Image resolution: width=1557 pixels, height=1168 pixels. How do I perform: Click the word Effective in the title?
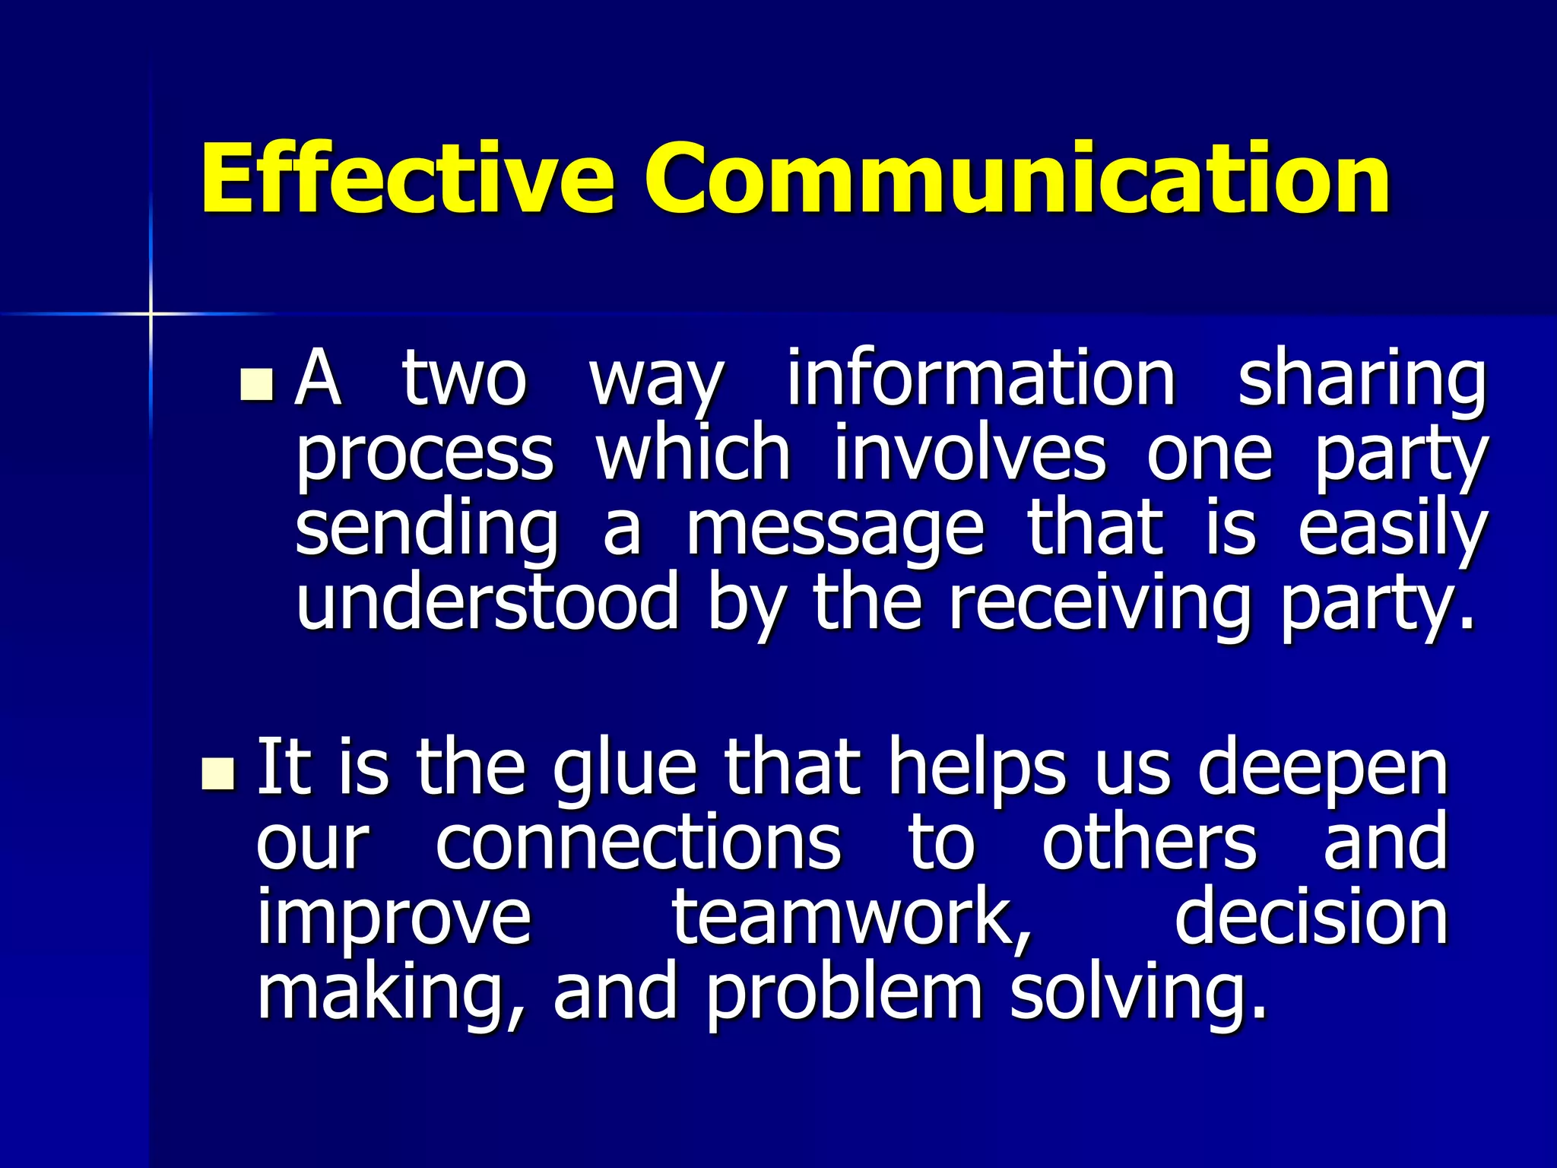407,179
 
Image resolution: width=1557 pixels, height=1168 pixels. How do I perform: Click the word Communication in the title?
1017,179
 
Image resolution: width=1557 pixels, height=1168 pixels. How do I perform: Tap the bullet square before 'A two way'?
256,385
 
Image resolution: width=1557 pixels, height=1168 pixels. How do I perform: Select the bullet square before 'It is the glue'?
218,773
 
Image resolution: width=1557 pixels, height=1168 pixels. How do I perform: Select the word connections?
639,843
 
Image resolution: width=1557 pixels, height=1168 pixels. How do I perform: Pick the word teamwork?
851,919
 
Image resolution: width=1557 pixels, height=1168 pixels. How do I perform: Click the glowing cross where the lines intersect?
151,313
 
